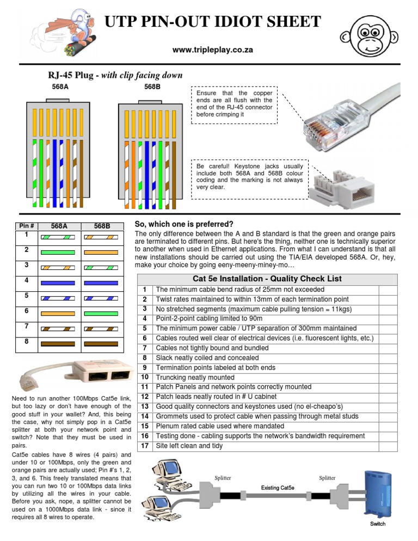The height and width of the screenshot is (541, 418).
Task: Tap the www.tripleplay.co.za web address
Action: click(x=212, y=50)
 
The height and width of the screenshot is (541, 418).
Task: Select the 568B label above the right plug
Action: click(x=152, y=87)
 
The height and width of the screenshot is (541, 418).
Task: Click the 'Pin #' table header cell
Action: click(x=26, y=225)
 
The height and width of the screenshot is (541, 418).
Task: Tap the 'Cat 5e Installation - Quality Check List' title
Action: click(x=267, y=279)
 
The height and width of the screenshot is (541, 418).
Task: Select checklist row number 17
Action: click(x=144, y=446)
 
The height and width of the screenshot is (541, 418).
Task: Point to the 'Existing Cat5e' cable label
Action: click(x=278, y=488)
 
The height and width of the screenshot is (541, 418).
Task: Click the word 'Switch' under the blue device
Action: click(x=378, y=524)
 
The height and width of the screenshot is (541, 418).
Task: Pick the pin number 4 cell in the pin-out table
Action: click(x=26, y=281)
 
